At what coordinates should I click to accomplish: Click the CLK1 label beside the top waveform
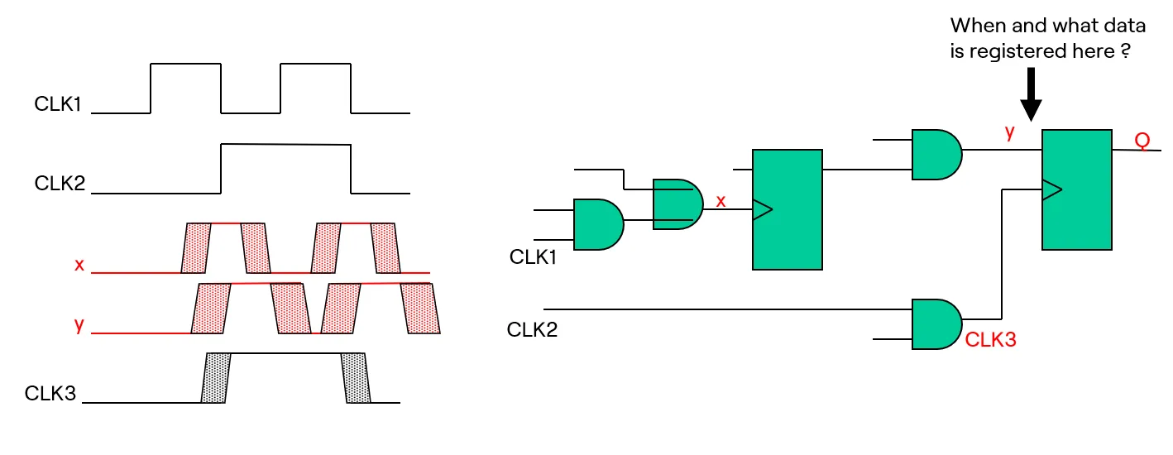pos(58,105)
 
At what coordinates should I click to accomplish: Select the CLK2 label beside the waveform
pos(60,183)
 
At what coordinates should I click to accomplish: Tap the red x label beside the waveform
pos(79,265)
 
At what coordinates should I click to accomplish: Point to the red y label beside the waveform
pos(79,325)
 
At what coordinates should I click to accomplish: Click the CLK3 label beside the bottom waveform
pos(50,394)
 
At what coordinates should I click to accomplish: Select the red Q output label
pos(1142,141)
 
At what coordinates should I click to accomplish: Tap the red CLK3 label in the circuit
pos(990,340)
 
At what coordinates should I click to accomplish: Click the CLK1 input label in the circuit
pos(533,257)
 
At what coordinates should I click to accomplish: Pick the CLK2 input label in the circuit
pos(532,330)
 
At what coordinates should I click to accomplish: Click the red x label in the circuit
pos(721,201)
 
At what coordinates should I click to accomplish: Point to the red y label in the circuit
pos(1009,133)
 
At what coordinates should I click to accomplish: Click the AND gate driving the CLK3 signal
pos(936,324)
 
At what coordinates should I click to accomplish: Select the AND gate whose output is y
pos(936,154)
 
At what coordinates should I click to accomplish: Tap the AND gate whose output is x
pos(677,204)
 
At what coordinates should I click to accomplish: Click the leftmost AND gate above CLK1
pos(598,224)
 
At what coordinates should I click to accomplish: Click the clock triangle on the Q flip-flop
pos(1051,190)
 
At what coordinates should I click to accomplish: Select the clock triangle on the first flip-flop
pos(762,210)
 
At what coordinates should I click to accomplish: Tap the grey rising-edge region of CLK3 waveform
pos(217,378)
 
